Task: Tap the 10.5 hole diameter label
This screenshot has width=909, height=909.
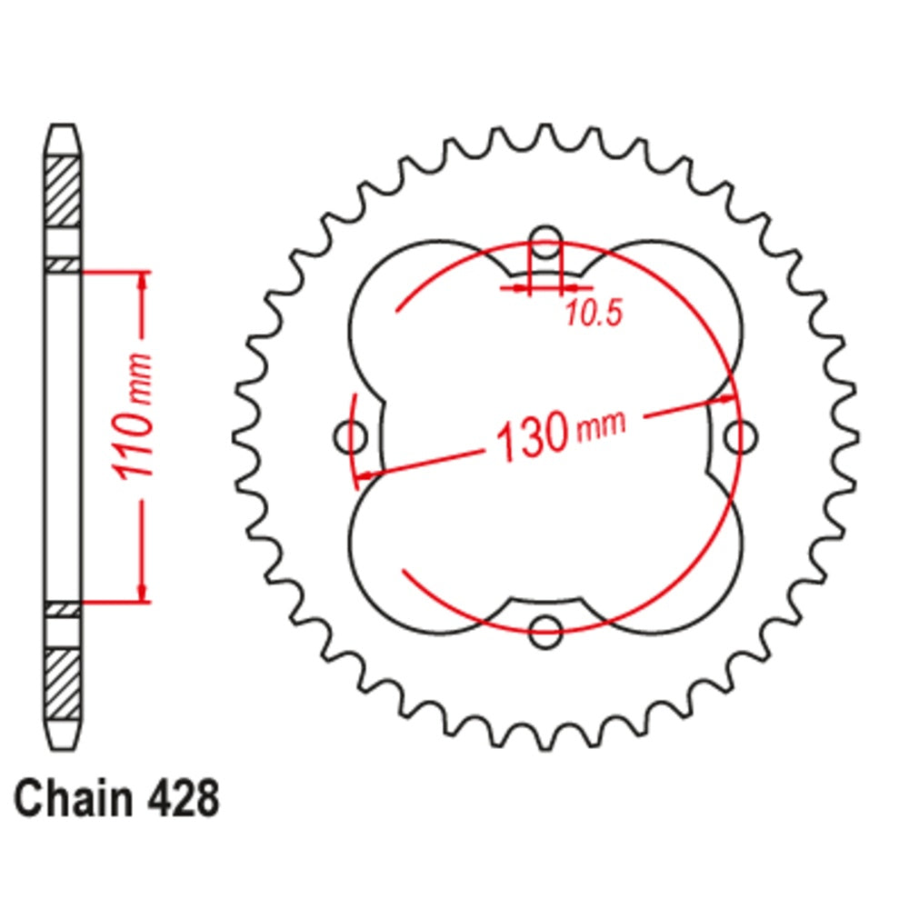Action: [x=593, y=315]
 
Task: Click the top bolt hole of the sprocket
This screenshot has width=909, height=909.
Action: [x=545, y=242]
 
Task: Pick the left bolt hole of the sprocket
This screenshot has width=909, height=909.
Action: [x=352, y=437]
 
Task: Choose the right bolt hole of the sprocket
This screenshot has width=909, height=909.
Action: [x=739, y=437]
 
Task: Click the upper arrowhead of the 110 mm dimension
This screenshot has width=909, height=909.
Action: [x=142, y=280]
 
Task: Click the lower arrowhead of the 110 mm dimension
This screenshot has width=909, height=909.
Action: [x=142, y=592]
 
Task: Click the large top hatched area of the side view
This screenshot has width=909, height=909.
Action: [x=64, y=192]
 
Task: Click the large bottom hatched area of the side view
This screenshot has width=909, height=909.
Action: [x=64, y=682]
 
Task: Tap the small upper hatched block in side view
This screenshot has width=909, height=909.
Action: [x=64, y=264]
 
